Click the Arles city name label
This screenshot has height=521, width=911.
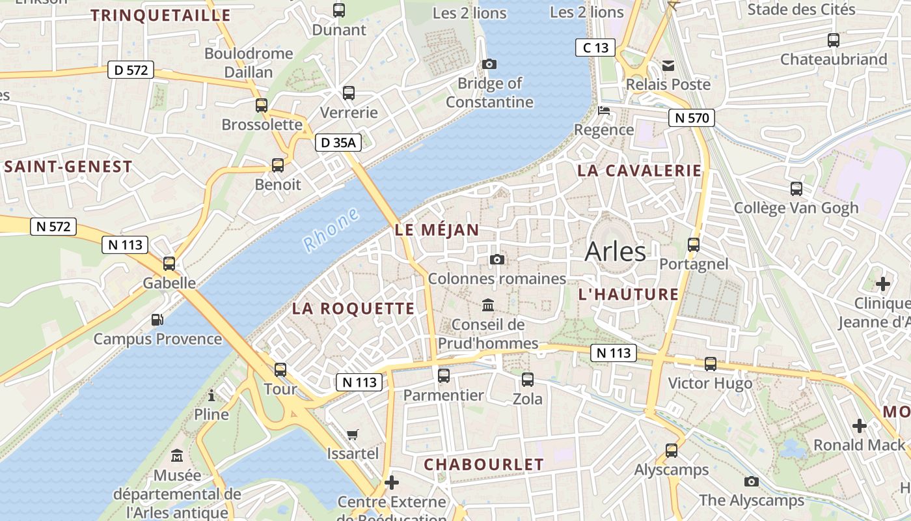pyautogui.click(x=615, y=252)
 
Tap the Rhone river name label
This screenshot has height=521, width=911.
pyautogui.click(x=331, y=230)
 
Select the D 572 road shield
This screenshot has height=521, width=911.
pyautogui.click(x=131, y=70)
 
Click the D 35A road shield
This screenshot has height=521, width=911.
pyautogui.click(x=338, y=143)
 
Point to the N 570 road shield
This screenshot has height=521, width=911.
pyautogui.click(x=691, y=118)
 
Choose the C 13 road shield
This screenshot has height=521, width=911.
pyautogui.click(x=595, y=48)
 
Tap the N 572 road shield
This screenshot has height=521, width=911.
pyautogui.click(x=53, y=227)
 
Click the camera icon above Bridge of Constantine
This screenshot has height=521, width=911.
pyautogui.click(x=489, y=64)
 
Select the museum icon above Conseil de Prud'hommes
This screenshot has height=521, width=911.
pyautogui.click(x=488, y=305)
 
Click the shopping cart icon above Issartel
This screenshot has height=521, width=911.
pyautogui.click(x=353, y=434)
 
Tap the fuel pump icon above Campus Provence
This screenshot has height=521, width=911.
pyautogui.click(x=157, y=320)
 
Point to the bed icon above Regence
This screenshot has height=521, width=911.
pyautogui.click(x=604, y=110)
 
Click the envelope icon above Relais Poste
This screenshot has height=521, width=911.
pyautogui.click(x=668, y=65)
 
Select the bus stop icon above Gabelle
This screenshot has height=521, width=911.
pyautogui.click(x=169, y=264)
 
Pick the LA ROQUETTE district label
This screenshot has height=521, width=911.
pyautogui.click(x=353, y=309)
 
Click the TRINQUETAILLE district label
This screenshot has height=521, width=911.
pyautogui.click(x=161, y=16)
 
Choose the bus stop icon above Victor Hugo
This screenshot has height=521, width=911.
pyautogui.click(x=711, y=364)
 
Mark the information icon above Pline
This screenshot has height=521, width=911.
pyautogui.click(x=211, y=395)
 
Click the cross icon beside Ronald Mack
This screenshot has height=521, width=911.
pyautogui.click(x=860, y=426)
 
